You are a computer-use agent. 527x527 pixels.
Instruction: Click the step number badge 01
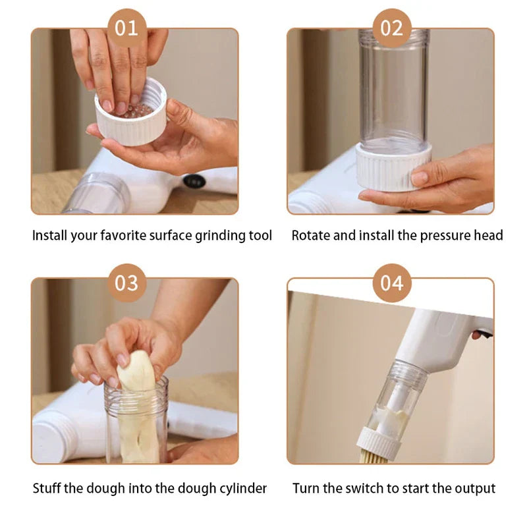pyautogui.click(x=126, y=28)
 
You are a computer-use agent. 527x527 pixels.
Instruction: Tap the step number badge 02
pyautogui.click(x=392, y=28)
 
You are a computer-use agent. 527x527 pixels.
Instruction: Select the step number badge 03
pyautogui.click(x=126, y=283)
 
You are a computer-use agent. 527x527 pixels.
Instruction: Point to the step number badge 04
pyautogui.click(x=392, y=283)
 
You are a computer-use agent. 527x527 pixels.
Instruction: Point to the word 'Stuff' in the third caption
pyautogui.click(x=47, y=488)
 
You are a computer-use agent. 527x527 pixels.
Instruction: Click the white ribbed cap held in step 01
pyautogui.click(x=132, y=121)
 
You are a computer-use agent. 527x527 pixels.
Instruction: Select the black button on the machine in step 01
pyautogui.click(x=194, y=181)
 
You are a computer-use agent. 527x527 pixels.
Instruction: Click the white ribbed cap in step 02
pyautogui.click(x=393, y=168)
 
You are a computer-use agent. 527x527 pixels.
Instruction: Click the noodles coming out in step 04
pyautogui.click(x=374, y=456)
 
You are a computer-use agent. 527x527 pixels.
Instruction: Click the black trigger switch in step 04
pyautogui.click(x=483, y=334)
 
